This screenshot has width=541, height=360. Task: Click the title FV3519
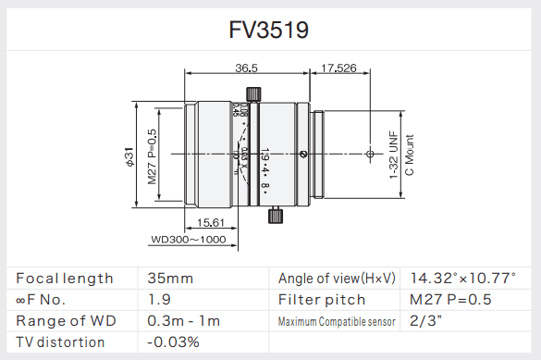269,30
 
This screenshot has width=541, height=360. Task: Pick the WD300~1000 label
188,239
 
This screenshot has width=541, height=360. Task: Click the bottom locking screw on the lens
275,216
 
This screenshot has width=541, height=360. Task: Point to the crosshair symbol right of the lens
370,152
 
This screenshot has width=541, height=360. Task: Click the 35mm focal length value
170,278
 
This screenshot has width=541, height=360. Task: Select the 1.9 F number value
159,299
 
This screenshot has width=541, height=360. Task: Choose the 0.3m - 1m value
183,320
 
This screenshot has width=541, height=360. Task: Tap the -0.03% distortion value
173,341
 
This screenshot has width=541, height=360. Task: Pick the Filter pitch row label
322,299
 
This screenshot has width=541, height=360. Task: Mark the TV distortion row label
60,341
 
